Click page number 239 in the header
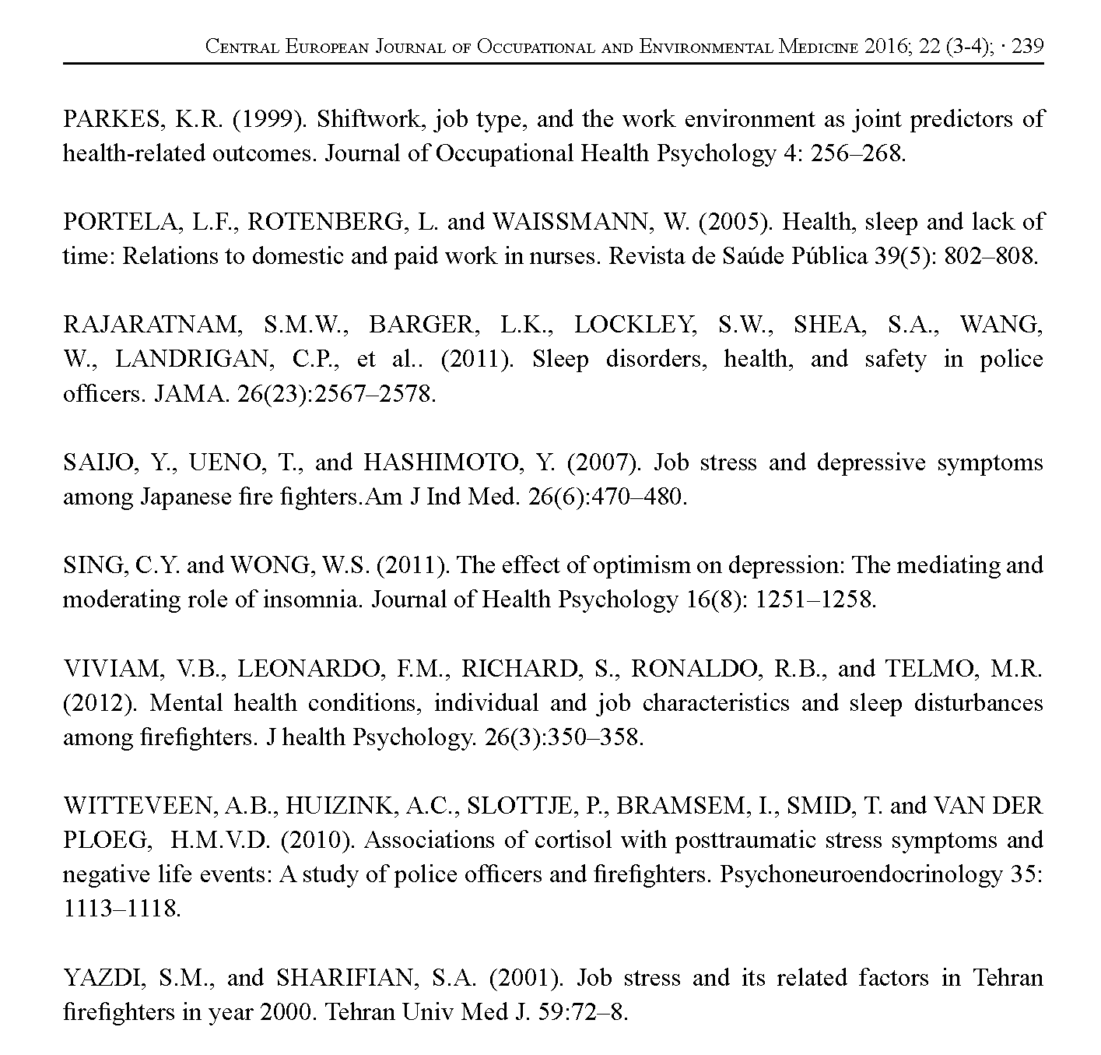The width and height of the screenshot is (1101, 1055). click(1027, 47)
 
